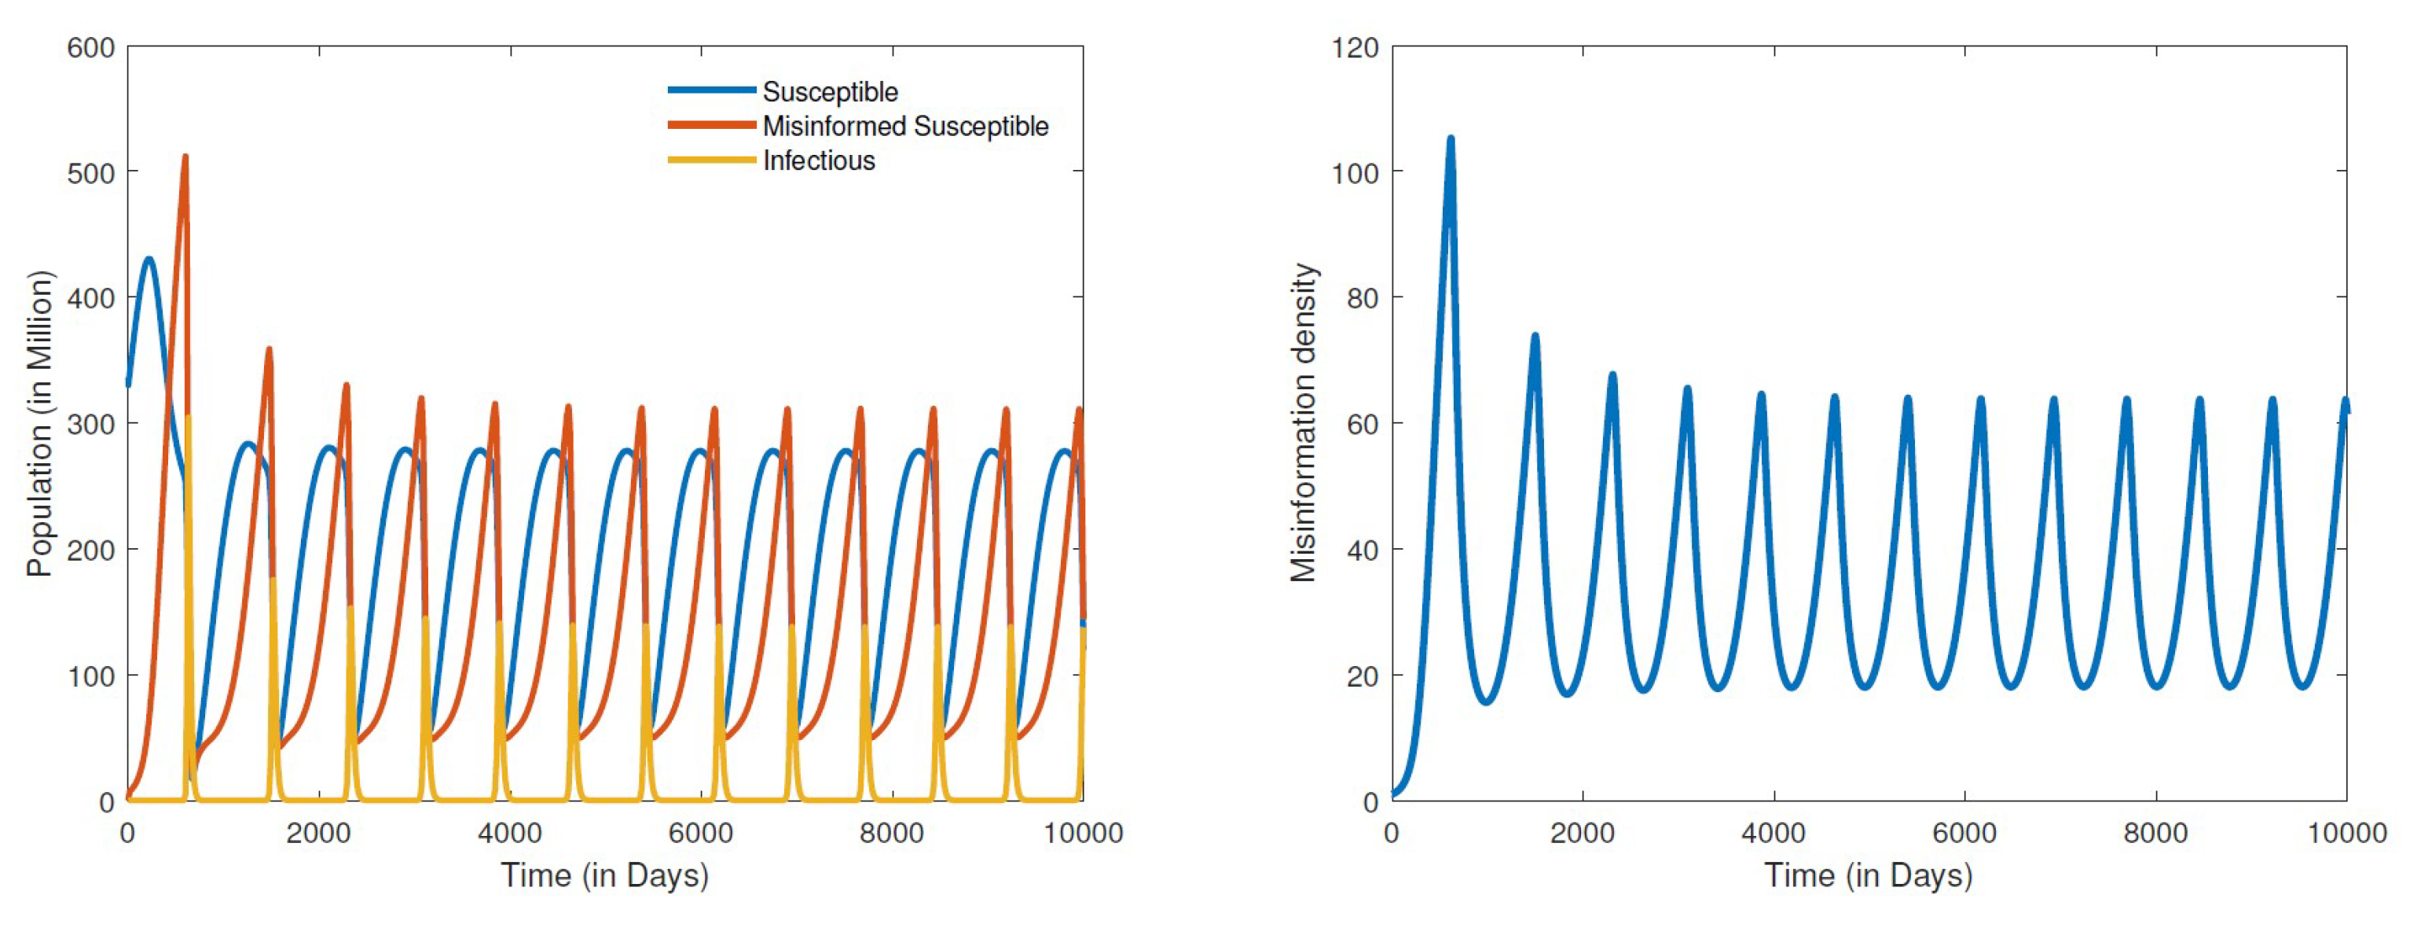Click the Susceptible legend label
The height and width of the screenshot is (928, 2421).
point(829,92)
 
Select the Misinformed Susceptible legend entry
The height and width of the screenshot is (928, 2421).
point(904,126)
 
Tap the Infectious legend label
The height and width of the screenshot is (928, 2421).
point(818,160)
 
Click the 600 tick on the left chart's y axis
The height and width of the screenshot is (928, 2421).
point(90,48)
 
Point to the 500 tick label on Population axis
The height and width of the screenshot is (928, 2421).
point(90,173)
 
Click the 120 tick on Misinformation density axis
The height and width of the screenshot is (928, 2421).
point(1354,48)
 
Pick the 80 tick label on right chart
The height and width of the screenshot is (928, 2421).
point(1362,298)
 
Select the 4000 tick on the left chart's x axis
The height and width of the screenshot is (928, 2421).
point(509,833)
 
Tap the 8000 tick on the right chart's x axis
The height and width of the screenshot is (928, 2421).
point(2155,833)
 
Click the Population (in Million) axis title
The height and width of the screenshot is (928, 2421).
point(39,423)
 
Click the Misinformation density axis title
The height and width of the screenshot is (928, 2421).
point(1303,423)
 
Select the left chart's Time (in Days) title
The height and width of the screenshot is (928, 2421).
point(604,875)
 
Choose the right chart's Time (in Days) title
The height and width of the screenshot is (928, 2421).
point(1868,875)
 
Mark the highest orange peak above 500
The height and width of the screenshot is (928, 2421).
point(185,157)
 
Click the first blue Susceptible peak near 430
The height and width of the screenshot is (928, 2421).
point(149,259)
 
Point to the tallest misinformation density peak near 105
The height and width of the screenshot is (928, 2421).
point(1450,139)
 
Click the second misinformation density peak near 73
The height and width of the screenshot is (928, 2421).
point(1535,336)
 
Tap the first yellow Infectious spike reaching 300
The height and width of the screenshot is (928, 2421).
point(188,417)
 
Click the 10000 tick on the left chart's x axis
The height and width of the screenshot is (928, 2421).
point(1083,833)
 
